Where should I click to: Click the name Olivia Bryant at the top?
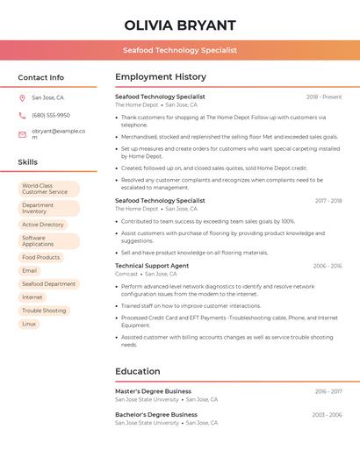[180, 25]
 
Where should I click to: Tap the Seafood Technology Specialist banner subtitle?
[180, 50]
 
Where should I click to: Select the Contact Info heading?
[40, 77]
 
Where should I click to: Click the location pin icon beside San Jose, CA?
[22, 97]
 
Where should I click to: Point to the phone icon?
[22, 115]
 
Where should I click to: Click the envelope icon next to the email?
[22, 134]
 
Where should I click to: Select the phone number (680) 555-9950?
[51, 115]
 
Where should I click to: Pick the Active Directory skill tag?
[43, 225]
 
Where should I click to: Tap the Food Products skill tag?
[41, 257]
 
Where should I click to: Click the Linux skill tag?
[29, 324]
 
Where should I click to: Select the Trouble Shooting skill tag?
[44, 311]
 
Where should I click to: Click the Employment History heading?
[161, 77]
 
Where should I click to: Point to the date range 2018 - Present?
[324, 97]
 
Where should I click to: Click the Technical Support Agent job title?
[152, 265]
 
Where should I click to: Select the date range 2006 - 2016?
[328, 266]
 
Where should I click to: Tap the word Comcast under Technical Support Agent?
[126, 274]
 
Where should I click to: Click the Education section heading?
[138, 371]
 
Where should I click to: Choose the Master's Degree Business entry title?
[153, 391]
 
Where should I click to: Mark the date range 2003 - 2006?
[328, 415]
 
